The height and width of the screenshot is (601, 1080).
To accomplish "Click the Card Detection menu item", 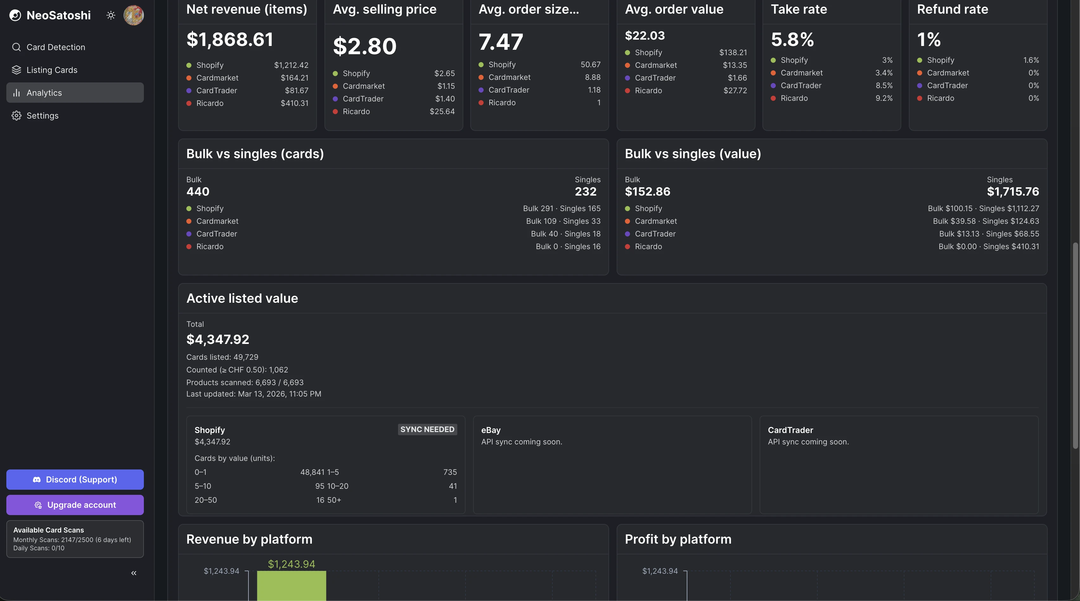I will pos(55,47).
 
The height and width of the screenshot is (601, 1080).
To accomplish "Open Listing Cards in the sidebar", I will pos(52,70).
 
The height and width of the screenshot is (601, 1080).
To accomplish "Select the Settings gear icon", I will pos(16,116).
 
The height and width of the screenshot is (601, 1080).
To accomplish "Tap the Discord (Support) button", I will pos(75,479).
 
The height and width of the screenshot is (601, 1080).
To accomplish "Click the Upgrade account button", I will pos(75,505).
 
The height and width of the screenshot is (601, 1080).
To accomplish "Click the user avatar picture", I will pos(133,16).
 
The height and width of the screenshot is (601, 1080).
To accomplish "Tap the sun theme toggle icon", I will pos(111,16).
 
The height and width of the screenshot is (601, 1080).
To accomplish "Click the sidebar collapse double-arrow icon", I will pos(134,573).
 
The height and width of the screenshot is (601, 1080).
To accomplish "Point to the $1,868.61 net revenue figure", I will pos(230,39).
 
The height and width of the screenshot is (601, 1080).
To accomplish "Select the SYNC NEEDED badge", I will pos(427,430).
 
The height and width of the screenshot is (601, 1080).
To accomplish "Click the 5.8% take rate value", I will pos(792,39).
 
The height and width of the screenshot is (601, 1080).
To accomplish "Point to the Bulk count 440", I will pos(198,192).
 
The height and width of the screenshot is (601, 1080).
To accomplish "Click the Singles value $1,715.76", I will pos(1013,192).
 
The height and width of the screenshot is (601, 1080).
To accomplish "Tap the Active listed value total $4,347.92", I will pos(218,339).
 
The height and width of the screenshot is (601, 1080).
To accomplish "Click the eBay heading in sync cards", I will pos(491,430).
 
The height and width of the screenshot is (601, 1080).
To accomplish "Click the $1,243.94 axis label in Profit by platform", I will pos(660,571).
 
